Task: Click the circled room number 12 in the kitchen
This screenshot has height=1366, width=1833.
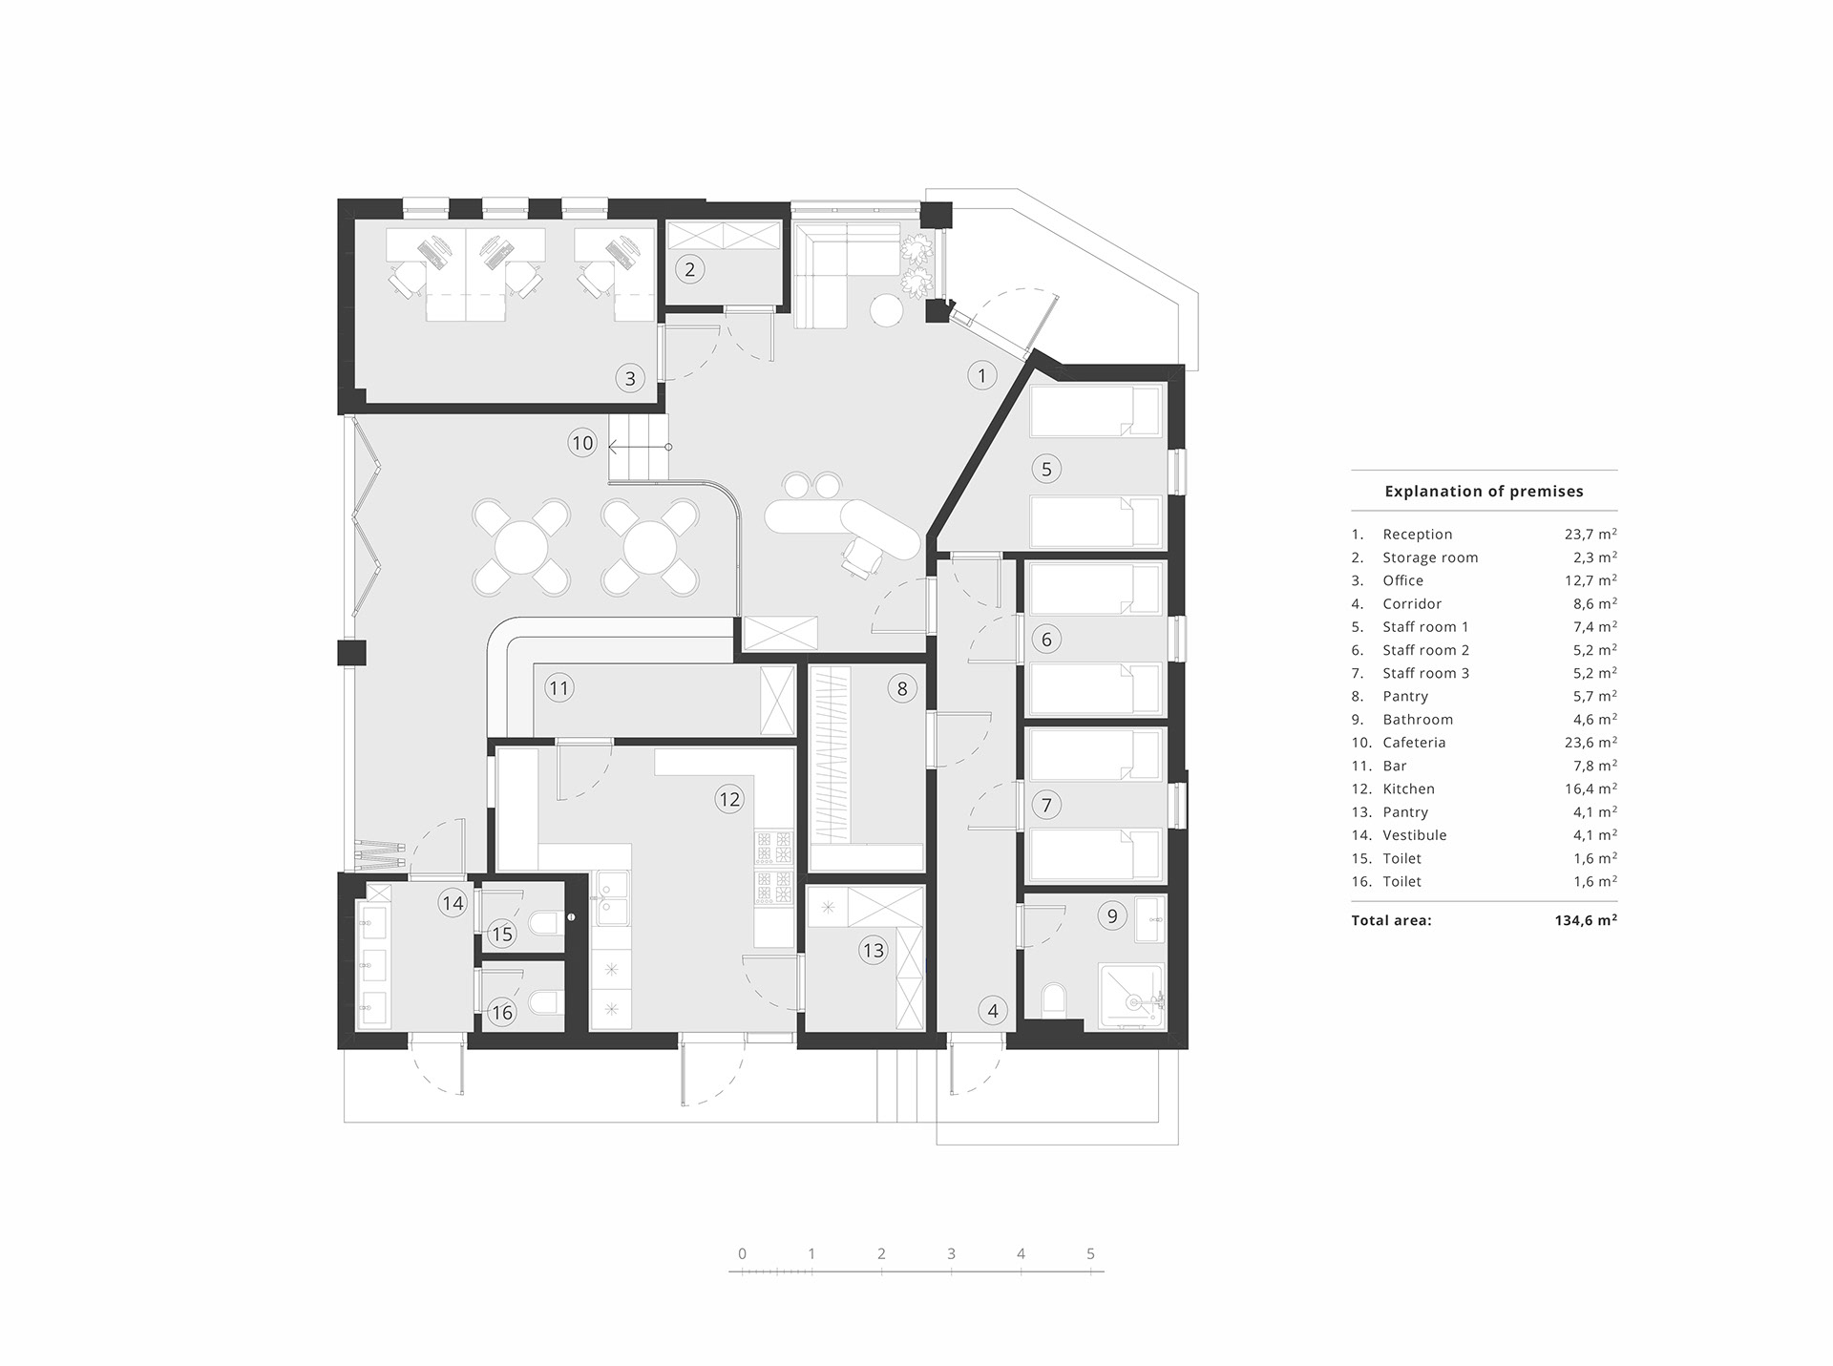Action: pos(729,799)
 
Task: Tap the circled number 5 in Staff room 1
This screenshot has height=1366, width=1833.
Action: pos(1046,469)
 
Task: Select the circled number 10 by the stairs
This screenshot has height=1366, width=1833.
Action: pos(582,443)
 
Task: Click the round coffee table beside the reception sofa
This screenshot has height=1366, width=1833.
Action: pos(886,309)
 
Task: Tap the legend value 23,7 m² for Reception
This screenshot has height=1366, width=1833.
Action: pos(1590,535)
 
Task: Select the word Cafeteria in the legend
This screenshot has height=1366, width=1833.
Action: pos(1414,743)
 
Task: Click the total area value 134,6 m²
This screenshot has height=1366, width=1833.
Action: pos(1585,921)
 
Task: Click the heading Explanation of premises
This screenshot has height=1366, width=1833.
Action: pos(1484,492)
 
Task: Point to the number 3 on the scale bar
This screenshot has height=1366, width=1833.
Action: pos(951,1254)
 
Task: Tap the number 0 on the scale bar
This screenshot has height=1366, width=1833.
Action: pos(742,1254)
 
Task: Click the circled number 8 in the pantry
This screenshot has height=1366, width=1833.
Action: pos(901,688)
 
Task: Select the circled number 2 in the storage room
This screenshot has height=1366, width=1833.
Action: pos(690,269)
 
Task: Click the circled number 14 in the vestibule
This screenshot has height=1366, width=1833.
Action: pos(453,903)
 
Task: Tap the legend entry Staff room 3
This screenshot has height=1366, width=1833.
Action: pos(1425,673)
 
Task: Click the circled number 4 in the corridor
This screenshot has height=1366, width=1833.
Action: pos(993,1011)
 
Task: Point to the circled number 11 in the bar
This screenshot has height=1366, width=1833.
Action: pos(559,687)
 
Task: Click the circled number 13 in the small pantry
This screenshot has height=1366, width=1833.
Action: pos(873,950)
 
